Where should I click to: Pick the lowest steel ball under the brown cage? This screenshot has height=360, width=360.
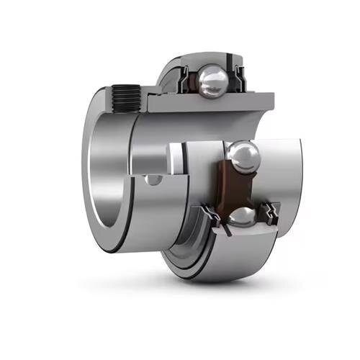(x=242, y=216)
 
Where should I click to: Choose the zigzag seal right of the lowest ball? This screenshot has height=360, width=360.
(x=272, y=212)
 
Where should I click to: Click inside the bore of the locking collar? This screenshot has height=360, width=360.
(x=108, y=173)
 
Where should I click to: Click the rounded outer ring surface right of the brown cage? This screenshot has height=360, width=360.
(x=288, y=173)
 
